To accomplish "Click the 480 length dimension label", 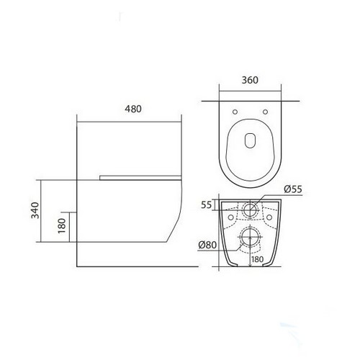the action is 133,109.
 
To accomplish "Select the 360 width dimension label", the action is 250,80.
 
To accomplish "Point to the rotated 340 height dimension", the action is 35,210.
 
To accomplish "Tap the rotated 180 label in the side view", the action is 62,225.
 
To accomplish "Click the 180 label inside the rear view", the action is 258,259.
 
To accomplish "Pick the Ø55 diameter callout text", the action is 293,189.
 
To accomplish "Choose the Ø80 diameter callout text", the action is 207,245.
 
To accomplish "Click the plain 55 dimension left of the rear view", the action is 207,205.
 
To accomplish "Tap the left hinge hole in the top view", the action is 235,112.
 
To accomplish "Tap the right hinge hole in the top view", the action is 265,112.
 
